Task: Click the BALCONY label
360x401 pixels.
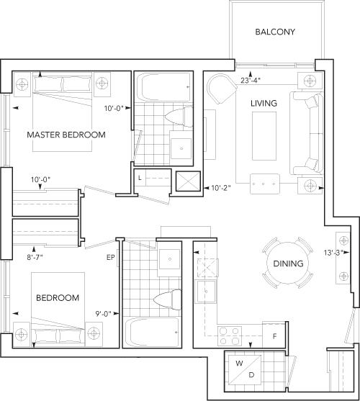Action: point(275,32)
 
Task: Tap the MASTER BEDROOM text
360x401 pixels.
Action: point(66,135)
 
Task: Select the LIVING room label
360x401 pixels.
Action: point(264,104)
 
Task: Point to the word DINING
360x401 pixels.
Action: point(288,263)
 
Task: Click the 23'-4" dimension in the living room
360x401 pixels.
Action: point(251,81)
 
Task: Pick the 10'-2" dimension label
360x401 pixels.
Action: point(221,188)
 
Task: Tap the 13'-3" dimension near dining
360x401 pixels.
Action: point(333,253)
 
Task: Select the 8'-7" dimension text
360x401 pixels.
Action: point(35,257)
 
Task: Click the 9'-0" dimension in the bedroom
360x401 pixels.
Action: point(104,314)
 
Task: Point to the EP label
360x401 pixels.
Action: point(111,258)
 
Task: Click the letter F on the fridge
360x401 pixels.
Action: point(274,336)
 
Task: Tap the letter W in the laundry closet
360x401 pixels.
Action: point(239,363)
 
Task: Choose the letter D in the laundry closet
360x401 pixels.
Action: point(251,375)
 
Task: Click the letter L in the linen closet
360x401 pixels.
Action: point(140,178)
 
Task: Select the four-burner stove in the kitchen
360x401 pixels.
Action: point(230,335)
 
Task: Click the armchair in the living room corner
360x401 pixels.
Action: point(222,89)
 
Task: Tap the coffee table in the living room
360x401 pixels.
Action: point(264,136)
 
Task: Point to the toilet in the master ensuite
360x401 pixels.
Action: point(179,117)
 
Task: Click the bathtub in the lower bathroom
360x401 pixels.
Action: point(152,332)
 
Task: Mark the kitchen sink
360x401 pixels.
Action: point(206,292)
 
